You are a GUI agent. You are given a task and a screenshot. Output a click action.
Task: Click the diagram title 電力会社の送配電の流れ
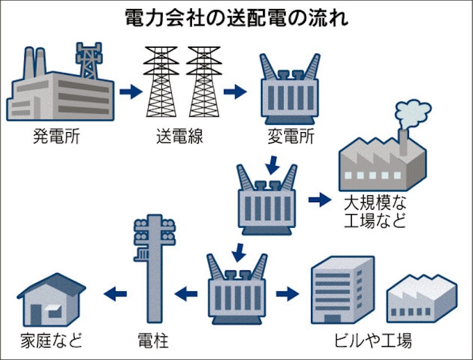coord(237,17)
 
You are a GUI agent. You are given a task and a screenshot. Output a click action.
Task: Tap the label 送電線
coord(179,136)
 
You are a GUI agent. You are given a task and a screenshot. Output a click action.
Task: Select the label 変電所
coord(291,136)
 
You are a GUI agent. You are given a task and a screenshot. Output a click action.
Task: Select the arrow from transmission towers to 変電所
coord(236,90)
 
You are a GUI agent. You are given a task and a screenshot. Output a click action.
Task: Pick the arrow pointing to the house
coord(115,294)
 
